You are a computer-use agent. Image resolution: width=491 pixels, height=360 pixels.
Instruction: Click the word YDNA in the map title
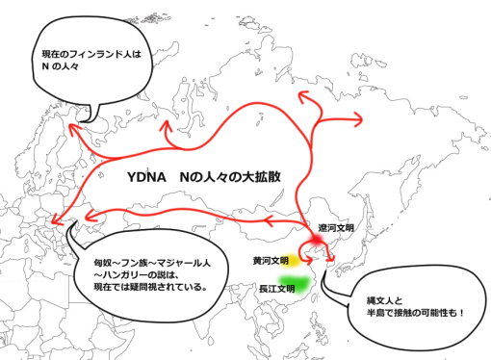coord(146,180)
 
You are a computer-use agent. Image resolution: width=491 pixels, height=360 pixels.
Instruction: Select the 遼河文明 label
coord(336,229)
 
